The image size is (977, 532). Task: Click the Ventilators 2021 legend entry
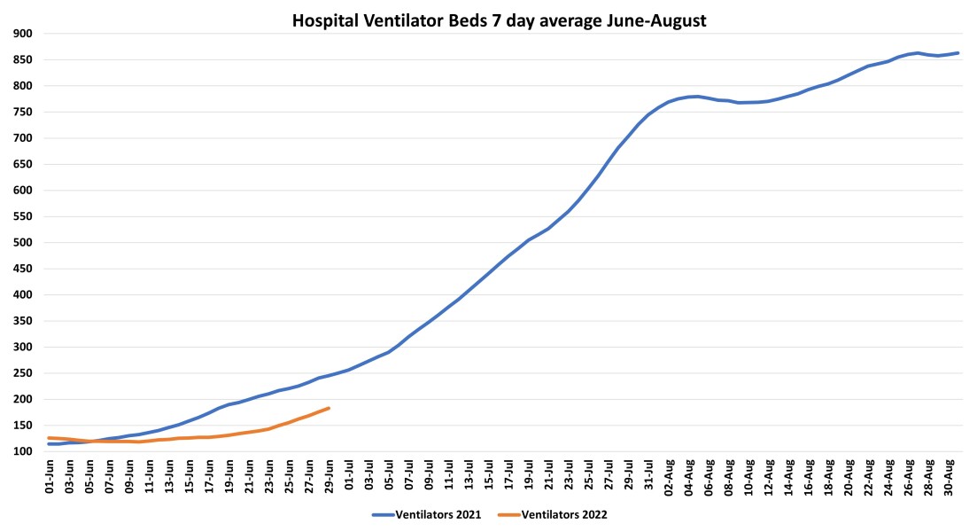[x=425, y=514]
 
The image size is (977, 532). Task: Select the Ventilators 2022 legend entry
[x=562, y=514]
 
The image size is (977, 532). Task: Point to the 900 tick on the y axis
[x=22, y=34]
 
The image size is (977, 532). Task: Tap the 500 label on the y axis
[x=22, y=243]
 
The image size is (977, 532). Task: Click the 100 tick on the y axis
[x=22, y=451]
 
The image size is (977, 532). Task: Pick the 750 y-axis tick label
[x=22, y=112]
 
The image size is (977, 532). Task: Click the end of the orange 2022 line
[x=330, y=408]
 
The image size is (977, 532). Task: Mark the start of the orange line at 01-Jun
[x=49, y=438]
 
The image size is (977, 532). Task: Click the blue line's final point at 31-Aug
[x=958, y=53]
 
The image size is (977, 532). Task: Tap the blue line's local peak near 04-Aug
[x=698, y=96]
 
